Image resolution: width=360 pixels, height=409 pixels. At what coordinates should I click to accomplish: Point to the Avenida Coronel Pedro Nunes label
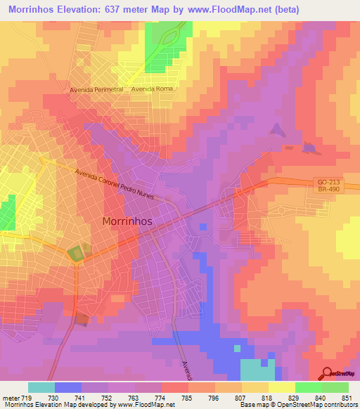115,178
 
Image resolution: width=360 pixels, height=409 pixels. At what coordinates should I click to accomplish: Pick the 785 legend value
187,398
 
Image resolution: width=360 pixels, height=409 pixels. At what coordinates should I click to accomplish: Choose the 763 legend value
134,398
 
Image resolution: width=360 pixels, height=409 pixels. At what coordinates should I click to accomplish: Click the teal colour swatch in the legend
41,387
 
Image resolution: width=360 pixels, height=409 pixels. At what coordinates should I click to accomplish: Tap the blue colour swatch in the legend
67,387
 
